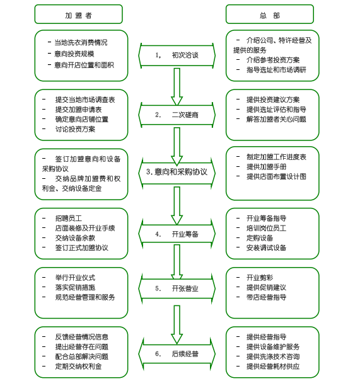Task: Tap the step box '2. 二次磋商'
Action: click(x=177, y=115)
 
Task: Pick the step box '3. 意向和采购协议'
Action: click(x=177, y=171)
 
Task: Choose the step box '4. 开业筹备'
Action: click(x=177, y=234)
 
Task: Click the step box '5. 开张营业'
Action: click(x=177, y=288)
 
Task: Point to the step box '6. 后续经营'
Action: click(x=177, y=354)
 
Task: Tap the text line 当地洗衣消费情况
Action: click(x=81, y=43)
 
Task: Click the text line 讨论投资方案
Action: click(x=75, y=129)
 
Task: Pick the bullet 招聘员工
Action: click(x=68, y=217)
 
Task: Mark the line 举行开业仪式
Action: click(x=75, y=277)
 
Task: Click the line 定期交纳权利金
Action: click(x=78, y=366)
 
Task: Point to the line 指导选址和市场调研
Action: click(x=276, y=70)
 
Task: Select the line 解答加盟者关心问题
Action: click(x=276, y=118)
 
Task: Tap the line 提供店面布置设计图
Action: click(x=276, y=176)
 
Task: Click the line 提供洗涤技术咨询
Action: click(x=273, y=356)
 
